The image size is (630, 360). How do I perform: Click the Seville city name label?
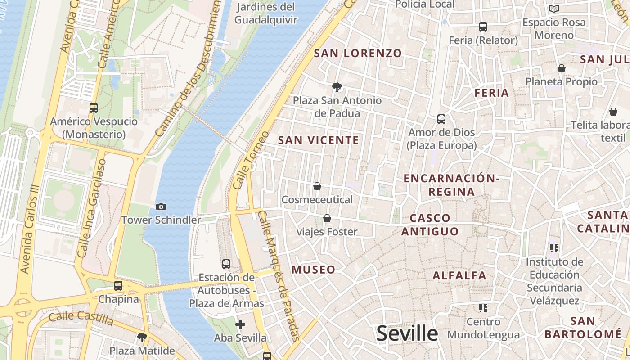point(407,333)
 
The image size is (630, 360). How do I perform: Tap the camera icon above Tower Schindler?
point(161,207)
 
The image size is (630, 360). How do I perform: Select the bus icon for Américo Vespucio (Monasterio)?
point(94,108)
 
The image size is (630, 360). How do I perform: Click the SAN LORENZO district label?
point(358,53)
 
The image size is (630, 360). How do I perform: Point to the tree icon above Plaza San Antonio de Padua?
point(336,87)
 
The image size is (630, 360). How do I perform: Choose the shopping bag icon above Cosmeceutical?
point(317,186)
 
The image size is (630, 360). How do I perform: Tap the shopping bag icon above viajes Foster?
point(327,219)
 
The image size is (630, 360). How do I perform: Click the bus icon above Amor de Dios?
point(441,119)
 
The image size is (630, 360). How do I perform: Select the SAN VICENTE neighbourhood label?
point(319,140)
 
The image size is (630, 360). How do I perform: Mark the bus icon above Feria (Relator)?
point(483,27)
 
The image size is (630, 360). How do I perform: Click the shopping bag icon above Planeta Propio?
point(562,68)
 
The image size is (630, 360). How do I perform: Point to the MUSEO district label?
point(314,270)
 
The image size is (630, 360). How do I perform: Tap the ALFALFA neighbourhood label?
point(459,275)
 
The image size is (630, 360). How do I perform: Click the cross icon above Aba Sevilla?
point(240,324)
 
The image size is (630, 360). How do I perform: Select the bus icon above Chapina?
point(118,286)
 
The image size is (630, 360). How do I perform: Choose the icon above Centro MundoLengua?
point(483,308)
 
